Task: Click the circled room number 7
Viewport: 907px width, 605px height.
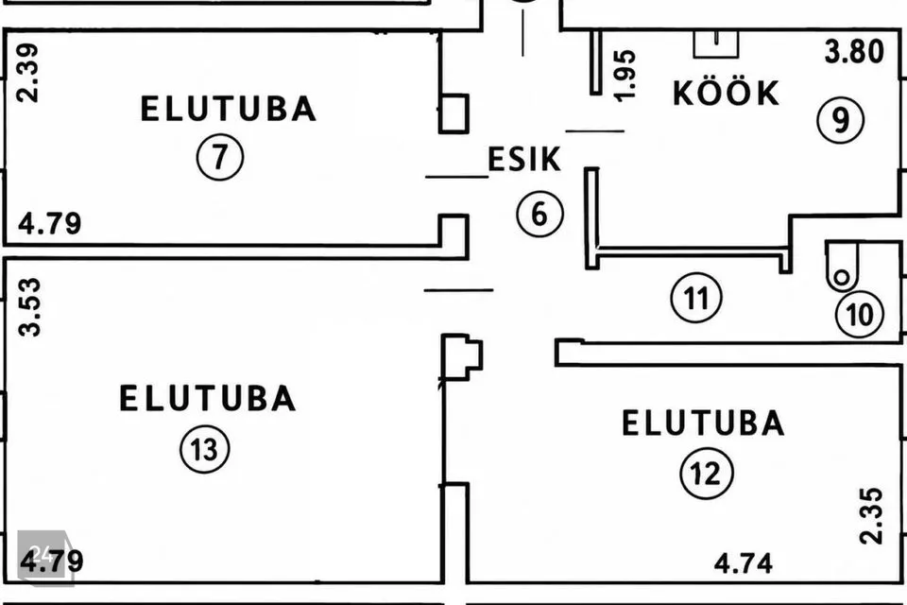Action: click(220, 156)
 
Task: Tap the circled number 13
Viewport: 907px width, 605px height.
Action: click(205, 449)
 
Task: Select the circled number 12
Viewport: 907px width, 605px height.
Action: click(707, 473)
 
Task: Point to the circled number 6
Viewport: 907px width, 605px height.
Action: click(539, 214)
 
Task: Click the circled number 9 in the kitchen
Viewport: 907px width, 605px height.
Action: click(841, 120)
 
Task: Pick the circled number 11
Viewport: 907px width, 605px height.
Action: click(696, 298)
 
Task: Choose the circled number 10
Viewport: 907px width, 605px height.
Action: click(860, 315)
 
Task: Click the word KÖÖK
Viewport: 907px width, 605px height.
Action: click(727, 93)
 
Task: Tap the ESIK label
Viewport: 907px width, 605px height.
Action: click(524, 159)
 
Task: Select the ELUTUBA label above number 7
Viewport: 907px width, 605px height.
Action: click(229, 109)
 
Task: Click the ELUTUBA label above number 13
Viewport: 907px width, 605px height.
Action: click(208, 398)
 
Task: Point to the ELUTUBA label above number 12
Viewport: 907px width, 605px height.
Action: click(703, 423)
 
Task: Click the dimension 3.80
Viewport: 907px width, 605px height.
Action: click(854, 52)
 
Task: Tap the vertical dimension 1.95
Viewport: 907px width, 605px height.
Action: click(625, 76)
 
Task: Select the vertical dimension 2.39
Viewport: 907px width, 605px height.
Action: click(27, 73)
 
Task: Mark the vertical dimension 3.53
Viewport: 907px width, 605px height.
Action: click(30, 307)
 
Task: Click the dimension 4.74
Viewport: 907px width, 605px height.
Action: click(744, 563)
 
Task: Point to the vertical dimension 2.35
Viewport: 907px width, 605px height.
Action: click(872, 516)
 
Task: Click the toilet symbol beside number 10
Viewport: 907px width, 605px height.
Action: click(841, 266)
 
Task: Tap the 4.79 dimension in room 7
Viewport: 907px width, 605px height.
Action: click(50, 223)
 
